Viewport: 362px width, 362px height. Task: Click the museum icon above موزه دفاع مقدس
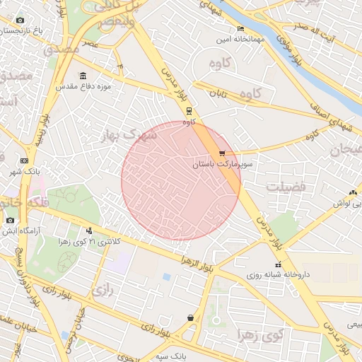tap(83, 76)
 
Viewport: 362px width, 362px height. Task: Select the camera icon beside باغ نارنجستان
tap(20, 21)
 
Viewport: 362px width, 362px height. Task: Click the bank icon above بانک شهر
tap(24, 160)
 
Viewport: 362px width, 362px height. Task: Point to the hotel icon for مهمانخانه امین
tap(240, 29)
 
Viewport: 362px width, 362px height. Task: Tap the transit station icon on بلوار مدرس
tap(189, 111)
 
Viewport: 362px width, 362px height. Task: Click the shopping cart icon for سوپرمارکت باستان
tap(222, 153)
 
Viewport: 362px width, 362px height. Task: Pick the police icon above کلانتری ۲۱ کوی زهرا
tap(88, 229)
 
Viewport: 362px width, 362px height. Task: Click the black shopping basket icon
tap(191, 318)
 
